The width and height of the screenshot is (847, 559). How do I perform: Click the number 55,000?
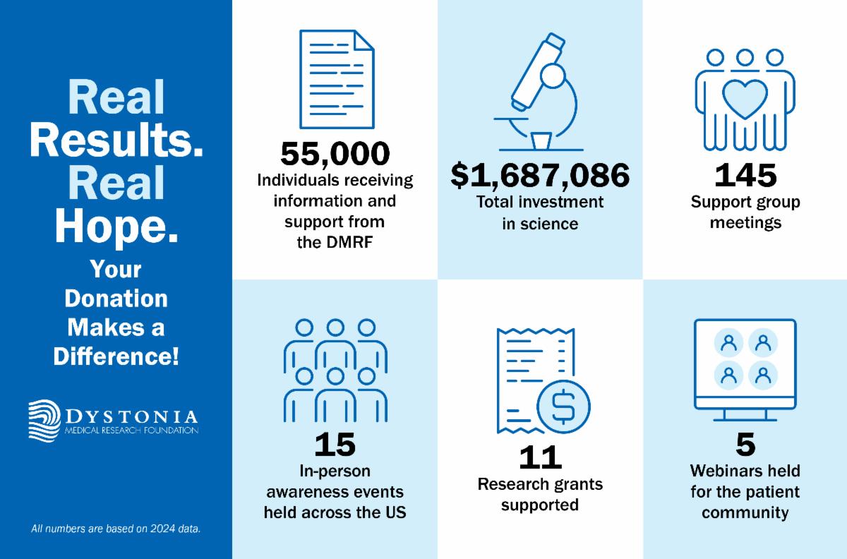335,154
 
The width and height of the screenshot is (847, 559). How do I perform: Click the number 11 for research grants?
540,457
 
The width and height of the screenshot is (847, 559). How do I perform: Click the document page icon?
336,78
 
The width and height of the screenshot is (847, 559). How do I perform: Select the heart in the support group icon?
745,99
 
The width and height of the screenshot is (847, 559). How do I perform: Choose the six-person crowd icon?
335,371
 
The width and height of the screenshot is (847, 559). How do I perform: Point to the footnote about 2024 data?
116,528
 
